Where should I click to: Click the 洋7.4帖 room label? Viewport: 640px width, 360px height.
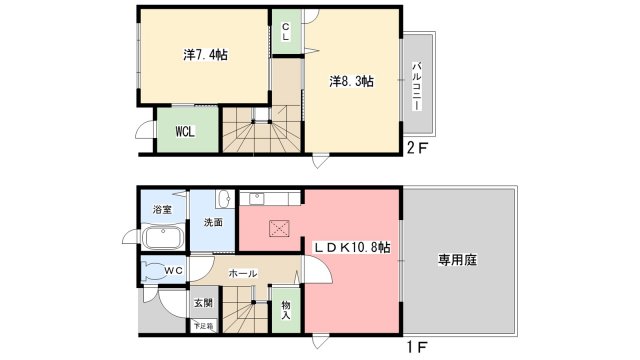[205, 55]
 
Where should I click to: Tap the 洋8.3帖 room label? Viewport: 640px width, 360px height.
[352, 82]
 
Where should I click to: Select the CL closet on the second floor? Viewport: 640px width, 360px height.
[285, 32]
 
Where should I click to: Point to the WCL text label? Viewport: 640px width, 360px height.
[185, 131]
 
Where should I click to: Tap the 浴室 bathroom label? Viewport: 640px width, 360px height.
[162, 209]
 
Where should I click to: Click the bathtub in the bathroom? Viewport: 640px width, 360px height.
[161, 239]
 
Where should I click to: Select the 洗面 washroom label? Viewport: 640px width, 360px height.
[213, 222]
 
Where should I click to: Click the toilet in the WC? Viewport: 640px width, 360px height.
[154, 270]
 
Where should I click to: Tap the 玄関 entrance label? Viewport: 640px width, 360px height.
[202, 303]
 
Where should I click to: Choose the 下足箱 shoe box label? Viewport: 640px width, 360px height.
[202, 326]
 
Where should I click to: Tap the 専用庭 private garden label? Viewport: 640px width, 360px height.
[457, 260]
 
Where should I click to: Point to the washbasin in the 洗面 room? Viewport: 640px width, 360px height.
[226, 197]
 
